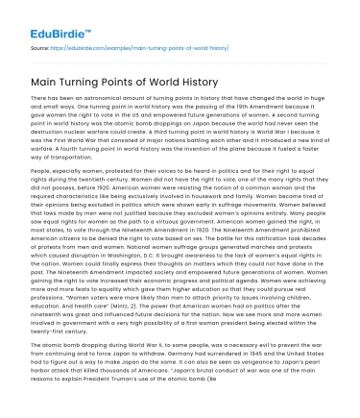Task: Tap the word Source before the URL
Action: (x=41, y=45)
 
